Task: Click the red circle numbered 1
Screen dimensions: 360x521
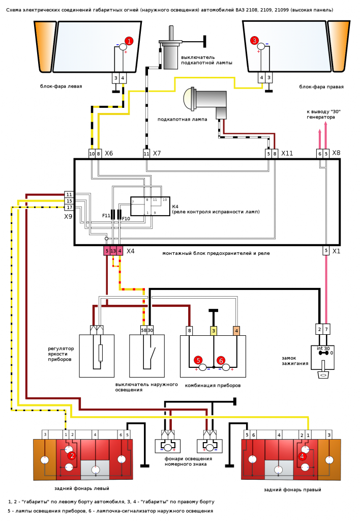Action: pyautogui.click(x=129, y=41)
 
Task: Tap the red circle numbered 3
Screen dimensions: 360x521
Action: pyautogui.click(x=254, y=41)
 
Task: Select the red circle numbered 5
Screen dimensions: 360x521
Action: pyautogui.click(x=198, y=360)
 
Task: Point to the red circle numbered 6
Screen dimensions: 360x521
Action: pyautogui.click(x=221, y=360)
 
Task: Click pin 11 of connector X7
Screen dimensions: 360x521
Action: pyautogui.click(x=146, y=154)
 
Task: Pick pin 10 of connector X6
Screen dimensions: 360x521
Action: pyautogui.click(x=92, y=154)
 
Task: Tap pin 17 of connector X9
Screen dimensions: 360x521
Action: pyautogui.click(x=69, y=208)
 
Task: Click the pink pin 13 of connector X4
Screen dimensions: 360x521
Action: pyautogui.click(x=113, y=251)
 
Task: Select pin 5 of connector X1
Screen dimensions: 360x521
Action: pyautogui.click(x=326, y=250)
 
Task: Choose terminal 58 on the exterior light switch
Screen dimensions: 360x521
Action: pyautogui.click(x=144, y=330)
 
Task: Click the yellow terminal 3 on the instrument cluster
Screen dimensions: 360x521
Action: pyautogui.click(x=214, y=331)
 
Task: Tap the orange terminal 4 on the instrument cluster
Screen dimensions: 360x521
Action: pyautogui.click(x=236, y=331)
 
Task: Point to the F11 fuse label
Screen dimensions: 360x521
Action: pyautogui.click(x=106, y=216)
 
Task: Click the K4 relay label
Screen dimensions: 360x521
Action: pyautogui.click(x=175, y=207)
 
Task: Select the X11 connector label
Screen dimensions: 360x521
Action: pyautogui.click(x=287, y=153)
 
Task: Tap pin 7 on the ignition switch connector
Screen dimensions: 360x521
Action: pyautogui.click(x=326, y=329)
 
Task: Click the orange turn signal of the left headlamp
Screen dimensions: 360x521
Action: pyautogui.click(x=44, y=46)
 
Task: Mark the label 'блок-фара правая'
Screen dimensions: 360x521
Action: pyautogui.click(x=321, y=86)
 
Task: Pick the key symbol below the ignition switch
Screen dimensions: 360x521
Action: pyautogui.click(x=323, y=373)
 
